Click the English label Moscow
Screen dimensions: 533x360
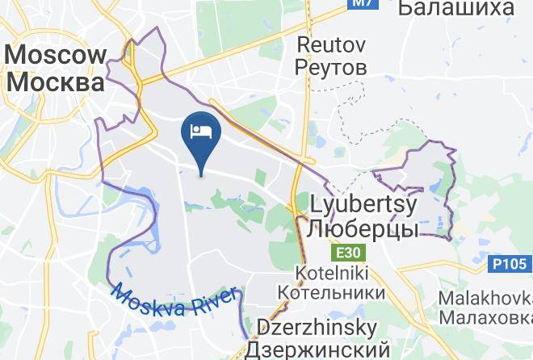click(x=56, y=55)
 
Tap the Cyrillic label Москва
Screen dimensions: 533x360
click(x=56, y=82)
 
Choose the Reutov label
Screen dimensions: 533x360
click(x=331, y=44)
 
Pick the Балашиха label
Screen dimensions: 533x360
click(x=456, y=8)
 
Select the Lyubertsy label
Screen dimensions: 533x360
click(x=362, y=203)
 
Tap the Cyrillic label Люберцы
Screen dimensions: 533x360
click(x=362, y=228)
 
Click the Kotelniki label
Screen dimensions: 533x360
click(x=329, y=272)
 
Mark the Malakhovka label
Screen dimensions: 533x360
click(x=485, y=298)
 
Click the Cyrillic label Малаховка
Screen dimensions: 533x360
click(x=485, y=317)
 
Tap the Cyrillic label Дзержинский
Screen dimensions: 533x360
click(x=317, y=350)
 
